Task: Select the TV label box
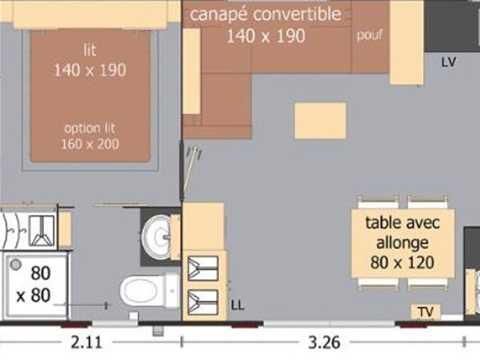point(426,312)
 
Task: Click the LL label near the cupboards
point(237,305)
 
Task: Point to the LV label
point(449,62)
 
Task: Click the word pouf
point(370,35)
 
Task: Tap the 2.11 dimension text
point(86,342)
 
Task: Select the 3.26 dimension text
point(324,342)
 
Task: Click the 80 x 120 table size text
point(402,262)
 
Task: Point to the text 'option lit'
point(90,128)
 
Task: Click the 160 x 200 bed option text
point(90,144)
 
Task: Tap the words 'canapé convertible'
point(266,14)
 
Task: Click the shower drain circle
point(15,264)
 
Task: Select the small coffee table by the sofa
point(321,121)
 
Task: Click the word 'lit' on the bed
point(90,50)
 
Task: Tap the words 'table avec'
point(403,223)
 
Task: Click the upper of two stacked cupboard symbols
point(203,268)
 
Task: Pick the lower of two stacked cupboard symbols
point(203,302)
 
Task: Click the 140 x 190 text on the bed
point(90,70)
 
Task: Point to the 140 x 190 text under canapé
point(266,36)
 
